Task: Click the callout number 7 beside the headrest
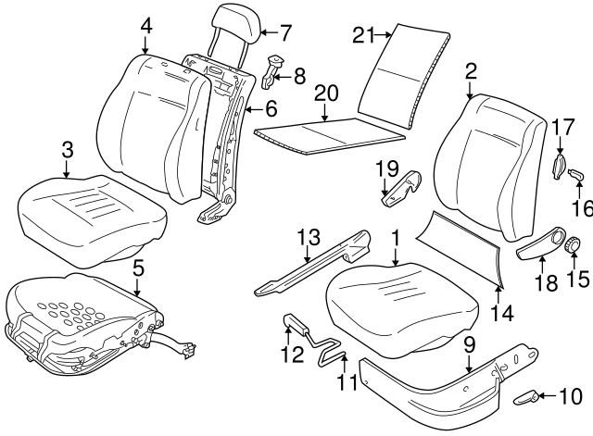point(285,31)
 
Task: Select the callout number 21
point(363,35)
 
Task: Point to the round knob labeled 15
point(573,244)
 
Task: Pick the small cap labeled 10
point(528,398)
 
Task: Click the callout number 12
point(291,354)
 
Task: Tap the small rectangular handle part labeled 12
point(296,323)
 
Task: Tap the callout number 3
point(66,147)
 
